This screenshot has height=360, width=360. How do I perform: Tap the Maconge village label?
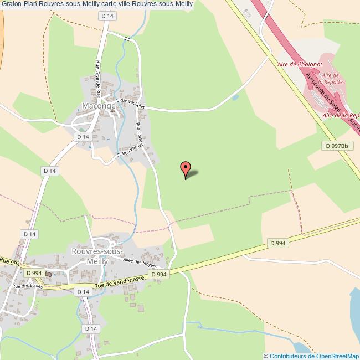point(99,106)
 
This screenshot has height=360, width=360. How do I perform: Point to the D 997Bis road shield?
point(337,146)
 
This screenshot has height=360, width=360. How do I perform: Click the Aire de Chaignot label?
point(300,64)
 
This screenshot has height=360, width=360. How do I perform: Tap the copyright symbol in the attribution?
point(266,356)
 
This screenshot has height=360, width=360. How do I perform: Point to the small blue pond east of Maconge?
point(236,97)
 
